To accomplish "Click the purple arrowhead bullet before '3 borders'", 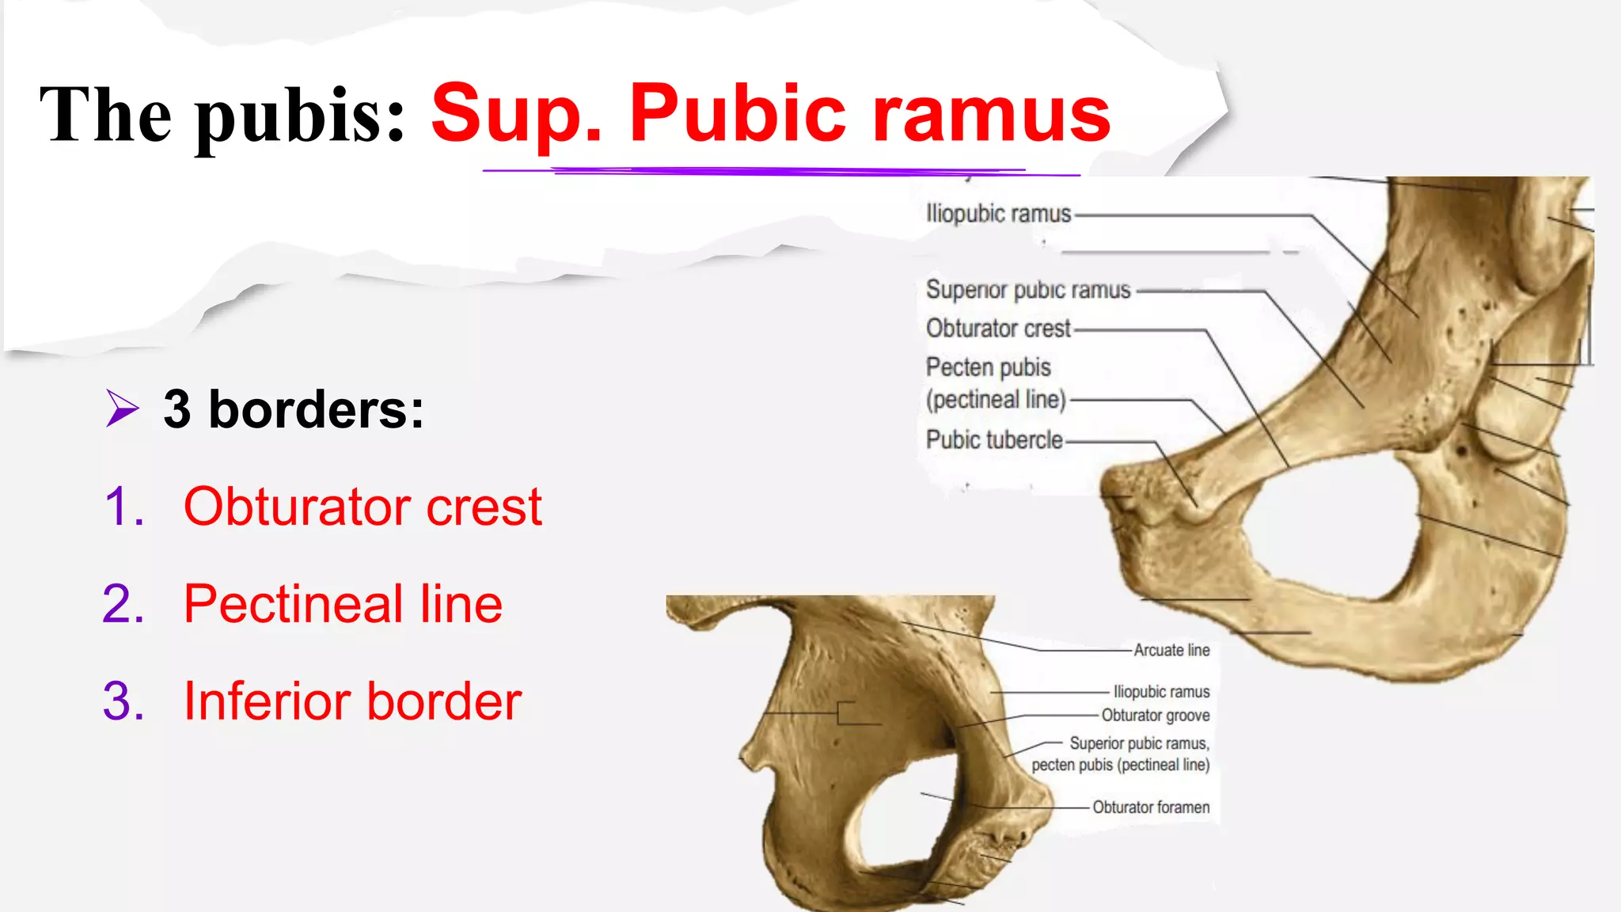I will tap(122, 408).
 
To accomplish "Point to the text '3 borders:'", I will tap(294, 409).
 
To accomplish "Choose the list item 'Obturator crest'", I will tap(363, 506).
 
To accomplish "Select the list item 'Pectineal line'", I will tap(343, 603).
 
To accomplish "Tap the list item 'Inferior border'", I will tap(352, 701).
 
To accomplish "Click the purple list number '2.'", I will tap(123, 603).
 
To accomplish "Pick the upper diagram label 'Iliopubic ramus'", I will tap(998, 214).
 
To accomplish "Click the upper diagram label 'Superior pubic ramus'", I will tap(1028, 290).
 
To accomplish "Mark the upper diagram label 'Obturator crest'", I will tap(998, 328).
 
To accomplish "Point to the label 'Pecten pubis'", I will tap(989, 367).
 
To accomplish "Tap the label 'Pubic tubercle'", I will tap(994, 439).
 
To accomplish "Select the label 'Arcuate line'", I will tap(1171, 650).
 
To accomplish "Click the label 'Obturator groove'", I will tap(1156, 716).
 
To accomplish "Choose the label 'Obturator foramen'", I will tap(1151, 807).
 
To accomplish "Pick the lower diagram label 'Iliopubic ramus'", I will tap(1161, 692).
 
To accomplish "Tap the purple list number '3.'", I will tap(123, 701).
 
